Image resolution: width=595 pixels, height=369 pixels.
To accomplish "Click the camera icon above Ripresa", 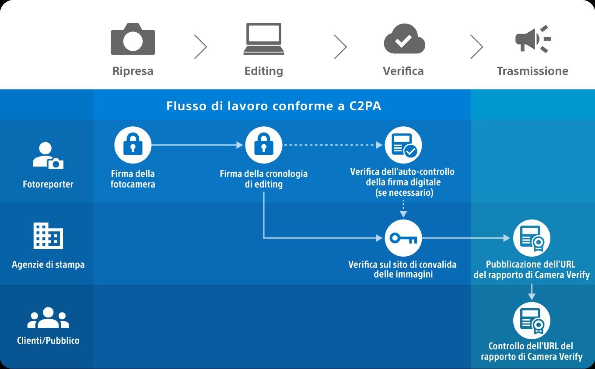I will pos(133,39).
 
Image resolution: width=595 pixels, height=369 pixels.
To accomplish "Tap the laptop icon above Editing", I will pos(263,39).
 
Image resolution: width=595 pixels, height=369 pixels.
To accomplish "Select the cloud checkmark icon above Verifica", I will pos(404,39).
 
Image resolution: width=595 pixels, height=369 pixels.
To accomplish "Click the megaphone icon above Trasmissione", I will pos(532,39).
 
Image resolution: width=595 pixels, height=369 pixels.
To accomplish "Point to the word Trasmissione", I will pos(532,71).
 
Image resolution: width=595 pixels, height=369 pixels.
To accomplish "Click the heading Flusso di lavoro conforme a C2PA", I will pos(273,106).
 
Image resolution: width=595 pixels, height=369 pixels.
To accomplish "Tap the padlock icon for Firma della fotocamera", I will pos(133,145).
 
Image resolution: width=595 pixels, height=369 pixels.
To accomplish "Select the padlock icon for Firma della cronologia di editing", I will pos(263,145).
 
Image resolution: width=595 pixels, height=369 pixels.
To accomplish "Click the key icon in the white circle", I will pos(403,238).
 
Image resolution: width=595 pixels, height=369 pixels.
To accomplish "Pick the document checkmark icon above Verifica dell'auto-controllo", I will pos(403,145).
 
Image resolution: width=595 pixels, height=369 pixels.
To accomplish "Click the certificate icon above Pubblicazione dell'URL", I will pos(532,238).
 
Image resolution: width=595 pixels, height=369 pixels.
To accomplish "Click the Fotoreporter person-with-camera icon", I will pos(48,156).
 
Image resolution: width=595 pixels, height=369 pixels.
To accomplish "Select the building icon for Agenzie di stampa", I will pos(48,236).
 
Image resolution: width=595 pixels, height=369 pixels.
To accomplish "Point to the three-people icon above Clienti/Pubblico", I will pos(48,318).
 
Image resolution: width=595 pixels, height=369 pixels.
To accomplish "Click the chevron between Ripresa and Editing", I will pos(200,47).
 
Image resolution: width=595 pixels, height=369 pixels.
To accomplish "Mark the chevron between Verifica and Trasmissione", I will pos(476,47).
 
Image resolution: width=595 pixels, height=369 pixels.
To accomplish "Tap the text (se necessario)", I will pos(404,192).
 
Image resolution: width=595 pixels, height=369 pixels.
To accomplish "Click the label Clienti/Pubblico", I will pos(48,341).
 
